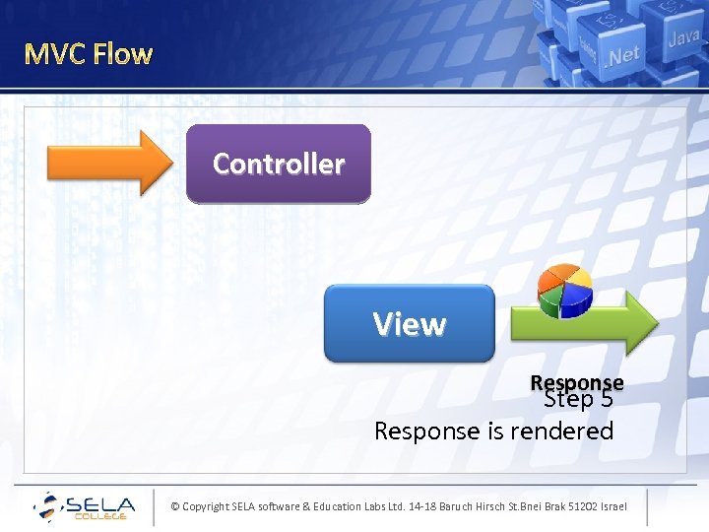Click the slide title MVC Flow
[x=89, y=53]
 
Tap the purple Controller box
[x=279, y=164]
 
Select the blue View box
[x=409, y=324]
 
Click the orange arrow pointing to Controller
[x=108, y=164]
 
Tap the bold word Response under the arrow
[x=577, y=381]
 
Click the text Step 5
[x=579, y=400]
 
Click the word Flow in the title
[x=122, y=53]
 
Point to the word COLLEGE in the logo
[x=101, y=517]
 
